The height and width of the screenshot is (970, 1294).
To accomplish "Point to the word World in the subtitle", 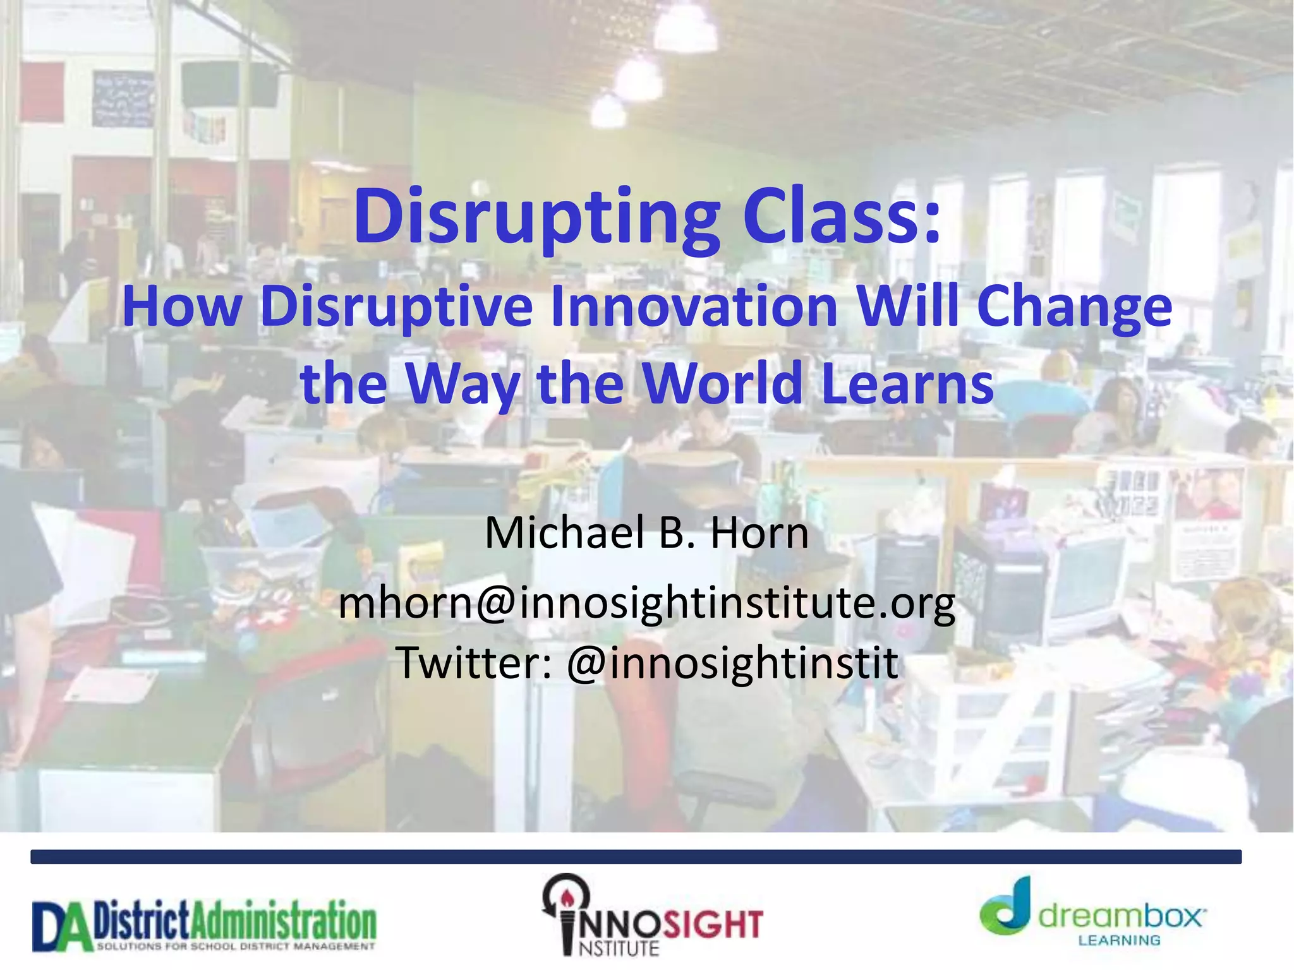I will (723, 383).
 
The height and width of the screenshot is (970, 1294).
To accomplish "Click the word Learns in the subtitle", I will (908, 383).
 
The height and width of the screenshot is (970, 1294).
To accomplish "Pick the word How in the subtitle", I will (182, 307).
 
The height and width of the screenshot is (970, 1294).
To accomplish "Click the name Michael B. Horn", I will (646, 533).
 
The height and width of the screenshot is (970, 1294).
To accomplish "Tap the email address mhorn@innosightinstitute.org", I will (646, 604).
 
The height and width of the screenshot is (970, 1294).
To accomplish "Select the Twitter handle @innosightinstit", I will (732, 662).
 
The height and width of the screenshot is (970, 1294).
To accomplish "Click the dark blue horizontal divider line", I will (636, 857).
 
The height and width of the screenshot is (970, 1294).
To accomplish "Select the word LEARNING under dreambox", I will (1119, 940).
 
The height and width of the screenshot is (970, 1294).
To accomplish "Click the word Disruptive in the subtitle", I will (396, 307).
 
